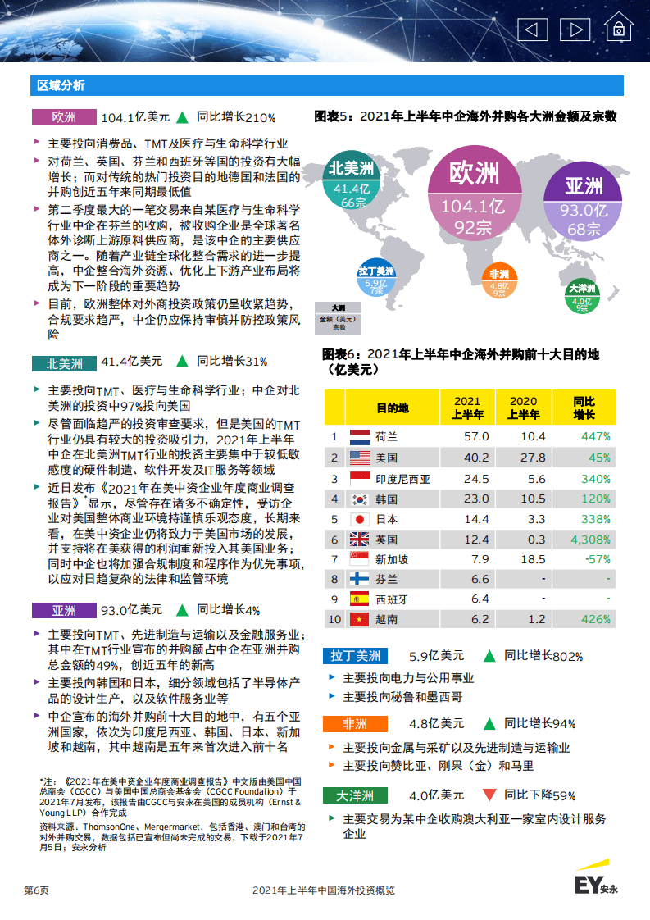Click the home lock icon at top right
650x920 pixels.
coord(620,30)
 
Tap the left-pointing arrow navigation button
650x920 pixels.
coord(533,30)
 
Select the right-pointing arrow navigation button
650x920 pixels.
coord(575,30)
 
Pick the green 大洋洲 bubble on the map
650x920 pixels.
coord(582,298)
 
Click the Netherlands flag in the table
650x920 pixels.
coord(360,437)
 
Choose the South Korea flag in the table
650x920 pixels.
coord(360,499)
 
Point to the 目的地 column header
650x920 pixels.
coord(392,408)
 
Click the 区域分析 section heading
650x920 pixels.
coord(61,86)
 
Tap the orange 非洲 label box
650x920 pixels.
coord(355,724)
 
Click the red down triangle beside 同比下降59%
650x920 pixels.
coord(489,795)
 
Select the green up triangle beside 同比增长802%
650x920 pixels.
coord(489,656)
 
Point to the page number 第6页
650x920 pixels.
coord(36,890)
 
